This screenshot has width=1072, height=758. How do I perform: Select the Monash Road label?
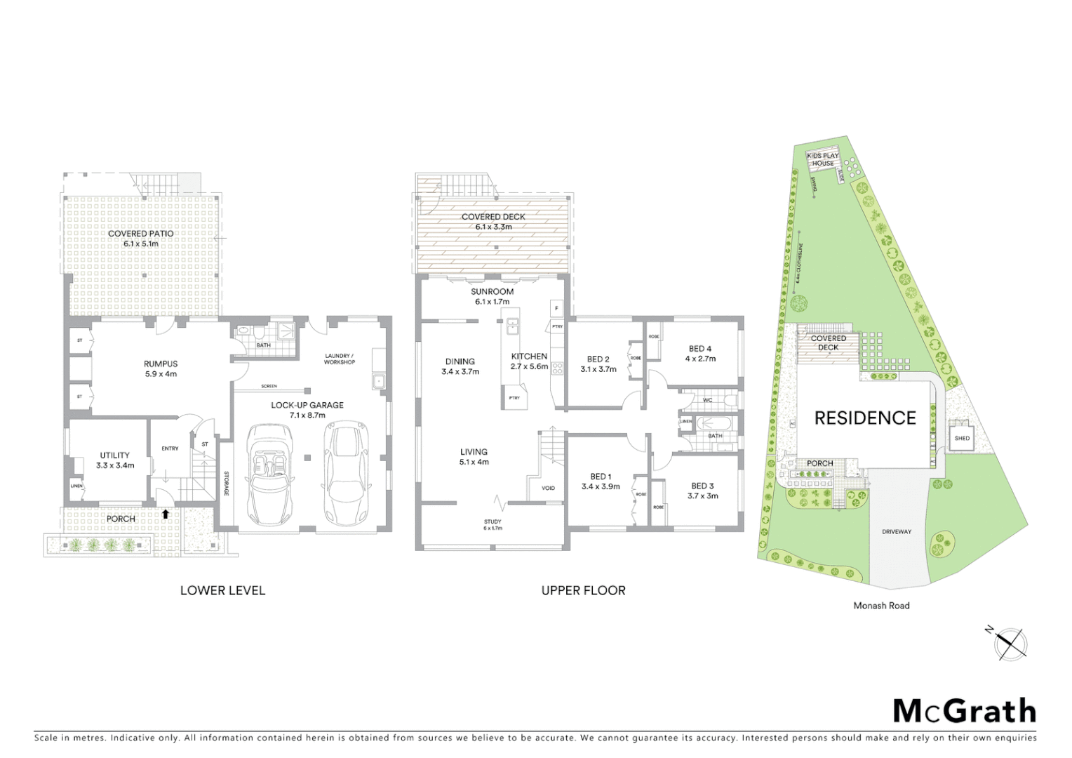coord(881,605)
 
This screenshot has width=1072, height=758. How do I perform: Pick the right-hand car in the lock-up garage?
coord(342,463)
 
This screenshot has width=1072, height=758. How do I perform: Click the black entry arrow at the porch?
coord(166,514)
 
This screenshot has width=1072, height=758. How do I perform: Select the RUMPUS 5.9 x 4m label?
coord(161,368)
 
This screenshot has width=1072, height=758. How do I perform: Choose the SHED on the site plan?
coord(962,438)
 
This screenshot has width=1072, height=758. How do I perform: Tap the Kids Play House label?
coord(823,159)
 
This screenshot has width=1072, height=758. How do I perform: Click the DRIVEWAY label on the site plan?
coord(897,532)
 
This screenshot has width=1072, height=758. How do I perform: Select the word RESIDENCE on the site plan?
coord(864,418)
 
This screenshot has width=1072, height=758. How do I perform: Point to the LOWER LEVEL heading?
coord(222,590)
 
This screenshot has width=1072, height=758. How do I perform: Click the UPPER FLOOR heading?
coord(583,590)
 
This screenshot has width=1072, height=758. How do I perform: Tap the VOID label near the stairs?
coord(548,488)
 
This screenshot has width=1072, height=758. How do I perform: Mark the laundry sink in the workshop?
coord(378,381)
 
